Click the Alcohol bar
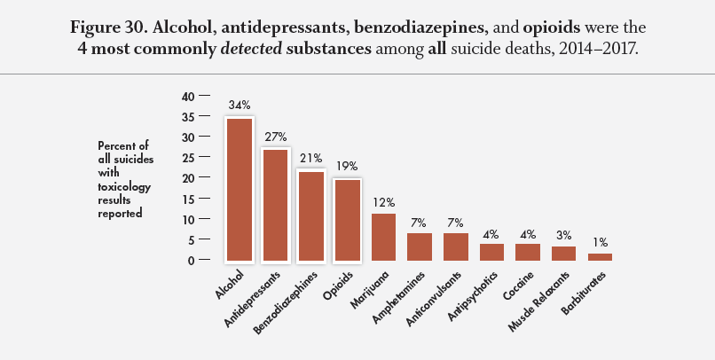(239, 190)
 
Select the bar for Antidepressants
(275, 205)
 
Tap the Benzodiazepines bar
(310, 215)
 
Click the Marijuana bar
(383, 237)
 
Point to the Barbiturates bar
(600, 256)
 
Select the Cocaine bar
(528, 252)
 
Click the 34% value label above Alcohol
(240, 106)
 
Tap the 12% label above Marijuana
(383, 201)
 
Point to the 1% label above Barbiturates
(601, 242)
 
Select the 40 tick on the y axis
(187, 96)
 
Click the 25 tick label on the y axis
(187, 157)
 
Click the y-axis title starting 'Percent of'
(124, 178)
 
